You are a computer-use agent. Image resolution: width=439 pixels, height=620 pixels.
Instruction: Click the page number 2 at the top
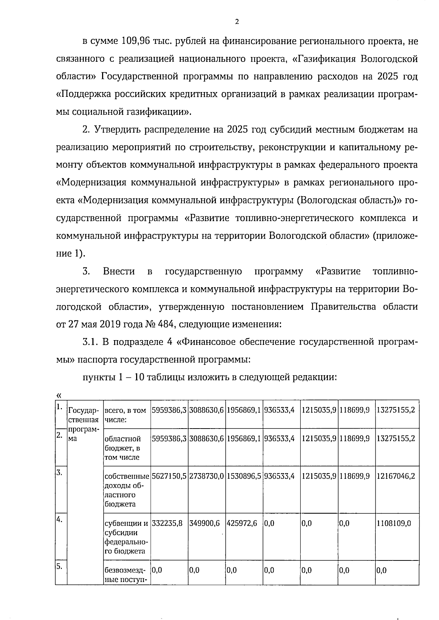(x=237, y=22)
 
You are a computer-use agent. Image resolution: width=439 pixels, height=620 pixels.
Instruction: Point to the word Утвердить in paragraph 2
(x=118, y=130)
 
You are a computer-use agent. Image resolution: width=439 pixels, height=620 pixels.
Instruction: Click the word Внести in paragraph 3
(x=119, y=271)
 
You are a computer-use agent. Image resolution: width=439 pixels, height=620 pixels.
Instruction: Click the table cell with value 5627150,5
(x=169, y=476)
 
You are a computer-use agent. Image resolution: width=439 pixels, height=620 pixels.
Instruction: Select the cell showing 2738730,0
(x=207, y=476)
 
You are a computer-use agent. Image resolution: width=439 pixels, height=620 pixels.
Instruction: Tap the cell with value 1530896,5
(x=244, y=476)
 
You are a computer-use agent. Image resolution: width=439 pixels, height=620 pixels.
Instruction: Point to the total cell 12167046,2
(x=396, y=476)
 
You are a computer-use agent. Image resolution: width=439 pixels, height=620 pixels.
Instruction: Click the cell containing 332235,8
(x=167, y=523)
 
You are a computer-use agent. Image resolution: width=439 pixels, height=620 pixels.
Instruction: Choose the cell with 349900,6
(x=205, y=523)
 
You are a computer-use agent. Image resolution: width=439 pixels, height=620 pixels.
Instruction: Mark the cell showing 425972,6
(x=242, y=523)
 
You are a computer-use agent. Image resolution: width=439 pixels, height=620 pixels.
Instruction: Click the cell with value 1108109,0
(x=394, y=523)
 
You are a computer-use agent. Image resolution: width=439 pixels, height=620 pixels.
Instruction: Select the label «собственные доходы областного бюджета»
(x=127, y=490)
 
